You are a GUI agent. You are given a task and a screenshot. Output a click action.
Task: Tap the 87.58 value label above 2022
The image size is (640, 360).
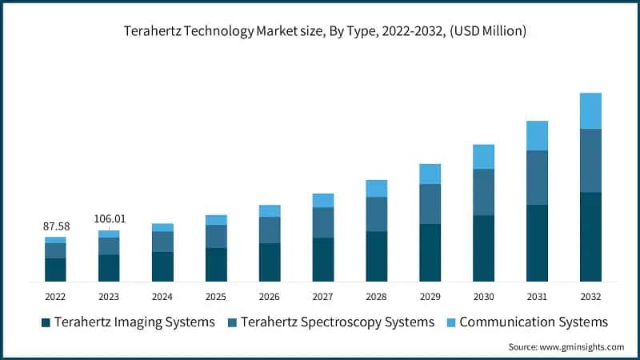pos(55,227)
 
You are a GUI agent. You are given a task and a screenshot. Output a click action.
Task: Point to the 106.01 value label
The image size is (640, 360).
pos(109,218)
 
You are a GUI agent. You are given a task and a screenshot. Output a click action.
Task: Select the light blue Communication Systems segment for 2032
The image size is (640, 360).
pos(590,110)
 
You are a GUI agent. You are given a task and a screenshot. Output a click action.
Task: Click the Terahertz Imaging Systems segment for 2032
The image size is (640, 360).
pos(590,237)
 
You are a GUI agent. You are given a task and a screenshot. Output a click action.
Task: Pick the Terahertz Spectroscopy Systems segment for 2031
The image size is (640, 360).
pos(537,178)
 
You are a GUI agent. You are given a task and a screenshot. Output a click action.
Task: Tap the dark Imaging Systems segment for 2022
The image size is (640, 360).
pos(55,270)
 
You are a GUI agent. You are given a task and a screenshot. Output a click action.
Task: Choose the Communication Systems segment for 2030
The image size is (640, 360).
pos(483,157)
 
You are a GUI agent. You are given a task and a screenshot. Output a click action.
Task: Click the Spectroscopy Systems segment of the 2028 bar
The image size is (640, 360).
pos(376,214)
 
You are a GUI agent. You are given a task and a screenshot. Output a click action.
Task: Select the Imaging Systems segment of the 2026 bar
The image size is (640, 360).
pos(270,262)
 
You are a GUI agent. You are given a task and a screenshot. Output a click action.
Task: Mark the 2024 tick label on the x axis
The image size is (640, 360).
pos(162,296)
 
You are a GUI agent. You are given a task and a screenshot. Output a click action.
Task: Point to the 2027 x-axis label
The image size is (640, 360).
pos(322,296)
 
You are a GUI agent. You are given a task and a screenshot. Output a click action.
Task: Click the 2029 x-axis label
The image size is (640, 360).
pos(430,296)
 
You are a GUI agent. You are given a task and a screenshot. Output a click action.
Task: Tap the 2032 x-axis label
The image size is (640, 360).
pos(590,296)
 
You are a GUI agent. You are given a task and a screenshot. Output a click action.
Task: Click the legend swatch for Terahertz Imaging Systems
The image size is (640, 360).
pos(46,322)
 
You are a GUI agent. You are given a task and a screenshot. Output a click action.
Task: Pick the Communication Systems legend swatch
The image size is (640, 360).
pos(450,322)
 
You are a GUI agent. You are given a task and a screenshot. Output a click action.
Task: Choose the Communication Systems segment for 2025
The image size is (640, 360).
pos(216,220)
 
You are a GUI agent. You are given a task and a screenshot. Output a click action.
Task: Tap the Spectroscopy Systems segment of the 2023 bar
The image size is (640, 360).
pos(109,246)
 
